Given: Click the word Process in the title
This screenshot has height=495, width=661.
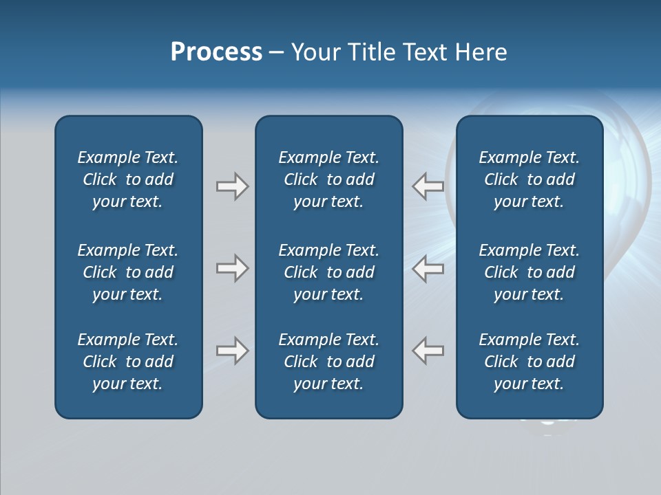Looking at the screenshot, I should (x=216, y=52).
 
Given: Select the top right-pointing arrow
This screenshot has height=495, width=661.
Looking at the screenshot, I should (x=232, y=186).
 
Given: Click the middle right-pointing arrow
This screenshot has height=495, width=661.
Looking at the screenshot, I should (x=232, y=268).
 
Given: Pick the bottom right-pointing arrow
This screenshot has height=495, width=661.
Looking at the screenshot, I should (x=232, y=351).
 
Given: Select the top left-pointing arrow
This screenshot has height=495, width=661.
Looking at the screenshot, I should (x=428, y=186).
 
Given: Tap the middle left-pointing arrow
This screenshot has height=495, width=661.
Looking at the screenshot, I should (x=428, y=268).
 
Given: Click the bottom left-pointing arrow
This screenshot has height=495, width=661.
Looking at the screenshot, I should (x=428, y=351).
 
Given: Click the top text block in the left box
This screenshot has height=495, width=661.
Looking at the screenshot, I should (x=128, y=179).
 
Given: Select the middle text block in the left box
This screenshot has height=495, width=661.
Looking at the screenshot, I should (x=128, y=272).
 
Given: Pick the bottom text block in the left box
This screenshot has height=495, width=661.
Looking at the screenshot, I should (x=128, y=362).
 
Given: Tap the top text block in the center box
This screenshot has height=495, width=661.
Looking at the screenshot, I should (x=328, y=179).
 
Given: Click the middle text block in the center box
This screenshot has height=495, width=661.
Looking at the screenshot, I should (x=328, y=272).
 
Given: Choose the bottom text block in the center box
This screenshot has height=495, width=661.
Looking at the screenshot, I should (x=328, y=362).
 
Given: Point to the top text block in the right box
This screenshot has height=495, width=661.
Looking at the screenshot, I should (x=529, y=179).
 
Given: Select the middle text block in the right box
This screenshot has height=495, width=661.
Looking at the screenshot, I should (x=529, y=272).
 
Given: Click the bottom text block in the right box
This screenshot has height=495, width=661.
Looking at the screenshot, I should (x=529, y=362).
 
